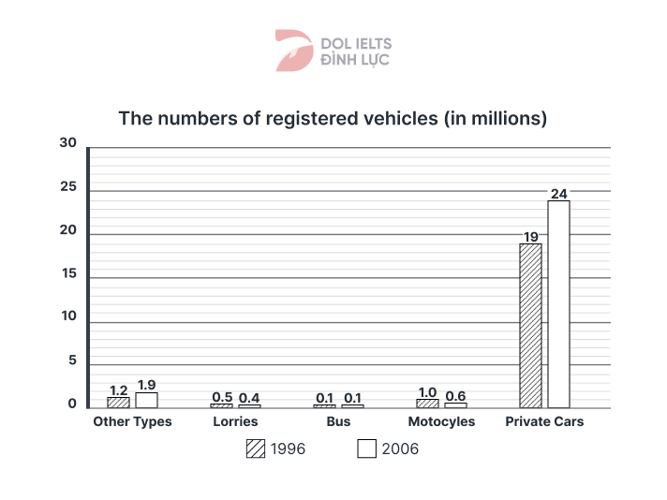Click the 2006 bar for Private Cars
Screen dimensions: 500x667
(558, 303)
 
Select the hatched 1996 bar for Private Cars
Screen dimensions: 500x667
(530, 325)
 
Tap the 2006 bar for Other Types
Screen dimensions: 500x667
(146, 400)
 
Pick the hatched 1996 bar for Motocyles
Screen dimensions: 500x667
(427, 403)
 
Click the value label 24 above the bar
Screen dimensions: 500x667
(559, 194)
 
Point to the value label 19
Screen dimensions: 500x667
(530, 237)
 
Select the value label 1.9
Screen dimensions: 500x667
(146, 385)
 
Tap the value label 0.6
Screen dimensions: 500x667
(456, 395)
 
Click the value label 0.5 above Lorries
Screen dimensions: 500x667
(221, 396)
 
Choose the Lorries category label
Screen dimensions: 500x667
(235, 421)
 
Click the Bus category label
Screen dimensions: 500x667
(339, 421)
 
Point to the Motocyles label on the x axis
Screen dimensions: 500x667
(441, 421)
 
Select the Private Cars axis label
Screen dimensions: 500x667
(544, 421)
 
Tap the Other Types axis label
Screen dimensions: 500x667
(132, 421)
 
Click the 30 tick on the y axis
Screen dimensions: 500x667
(67, 143)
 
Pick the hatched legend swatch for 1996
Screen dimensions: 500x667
(255, 449)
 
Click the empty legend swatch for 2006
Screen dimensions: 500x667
(367, 449)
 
